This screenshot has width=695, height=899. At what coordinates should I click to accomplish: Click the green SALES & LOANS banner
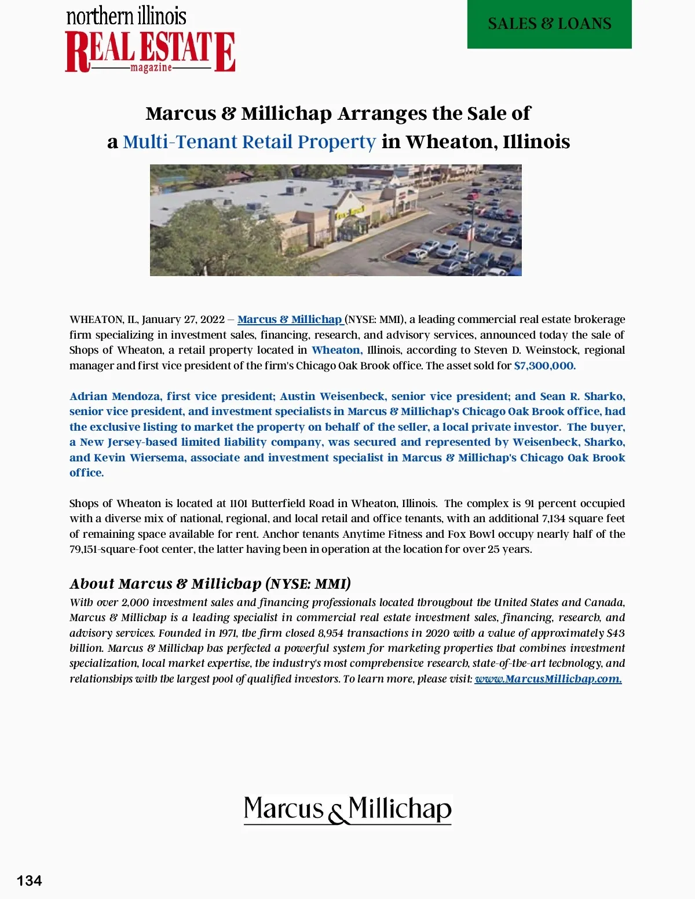549,24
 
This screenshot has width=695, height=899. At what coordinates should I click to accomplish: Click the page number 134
29,880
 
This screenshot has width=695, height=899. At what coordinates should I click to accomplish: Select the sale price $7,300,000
544,366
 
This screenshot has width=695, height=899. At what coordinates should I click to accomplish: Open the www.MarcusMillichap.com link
548,679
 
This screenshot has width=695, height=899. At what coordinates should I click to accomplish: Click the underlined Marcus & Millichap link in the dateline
290,320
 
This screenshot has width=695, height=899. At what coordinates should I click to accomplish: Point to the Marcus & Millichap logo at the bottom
348,809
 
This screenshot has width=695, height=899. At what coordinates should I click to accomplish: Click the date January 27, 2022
183,320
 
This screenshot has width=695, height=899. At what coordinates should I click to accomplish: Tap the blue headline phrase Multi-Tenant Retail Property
249,142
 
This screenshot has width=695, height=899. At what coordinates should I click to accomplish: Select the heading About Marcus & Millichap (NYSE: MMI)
210,584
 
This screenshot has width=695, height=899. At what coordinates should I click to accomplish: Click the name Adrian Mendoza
115,397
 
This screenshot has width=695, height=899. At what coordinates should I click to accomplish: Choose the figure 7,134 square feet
583,519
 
